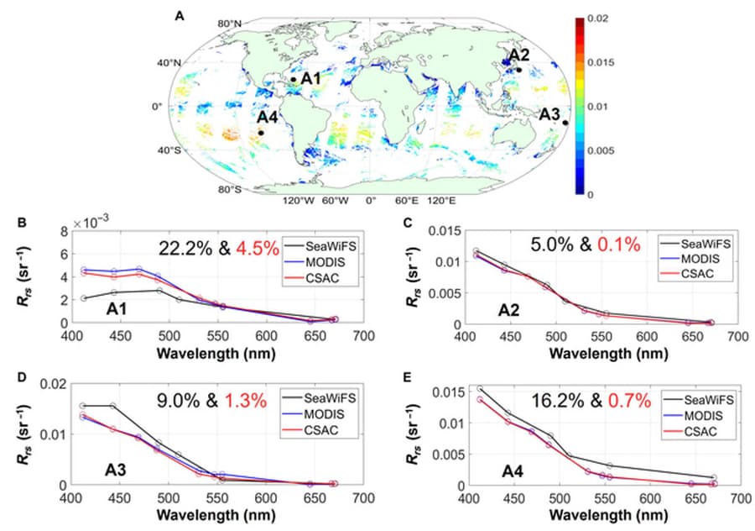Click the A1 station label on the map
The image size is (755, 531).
point(311,78)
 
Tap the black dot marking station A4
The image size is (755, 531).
point(261,133)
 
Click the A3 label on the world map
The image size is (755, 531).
point(550,113)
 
